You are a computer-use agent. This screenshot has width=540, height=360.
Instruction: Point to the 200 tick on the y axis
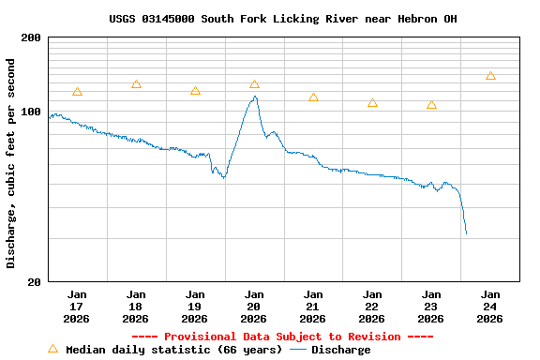click(32, 37)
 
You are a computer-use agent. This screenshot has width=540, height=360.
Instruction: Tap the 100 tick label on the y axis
click(32, 112)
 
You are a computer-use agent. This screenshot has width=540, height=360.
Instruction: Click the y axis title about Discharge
click(11, 163)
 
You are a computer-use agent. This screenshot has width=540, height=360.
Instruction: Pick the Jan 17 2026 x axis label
click(77, 307)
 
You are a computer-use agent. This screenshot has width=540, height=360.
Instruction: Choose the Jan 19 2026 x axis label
click(195, 307)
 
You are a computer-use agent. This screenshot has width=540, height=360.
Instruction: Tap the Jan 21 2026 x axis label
click(313, 307)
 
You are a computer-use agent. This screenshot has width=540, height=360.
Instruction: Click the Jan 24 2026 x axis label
click(490, 307)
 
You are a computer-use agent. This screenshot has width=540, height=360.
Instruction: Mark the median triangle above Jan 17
click(77, 92)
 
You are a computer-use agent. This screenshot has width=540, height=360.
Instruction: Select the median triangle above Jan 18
click(136, 84)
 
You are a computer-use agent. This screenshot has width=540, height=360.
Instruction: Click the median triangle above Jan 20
click(254, 84)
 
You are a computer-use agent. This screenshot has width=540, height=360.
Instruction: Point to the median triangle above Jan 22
click(372, 103)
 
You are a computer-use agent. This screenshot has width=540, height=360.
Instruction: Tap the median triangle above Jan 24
click(490, 76)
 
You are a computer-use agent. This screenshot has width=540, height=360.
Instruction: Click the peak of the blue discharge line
click(254, 97)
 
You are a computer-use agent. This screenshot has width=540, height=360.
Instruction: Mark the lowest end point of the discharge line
click(466, 233)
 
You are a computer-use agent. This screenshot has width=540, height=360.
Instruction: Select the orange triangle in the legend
click(53, 349)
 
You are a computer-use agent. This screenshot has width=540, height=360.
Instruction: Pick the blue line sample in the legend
click(298, 350)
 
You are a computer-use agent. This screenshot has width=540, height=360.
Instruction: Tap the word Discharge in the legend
click(340, 350)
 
